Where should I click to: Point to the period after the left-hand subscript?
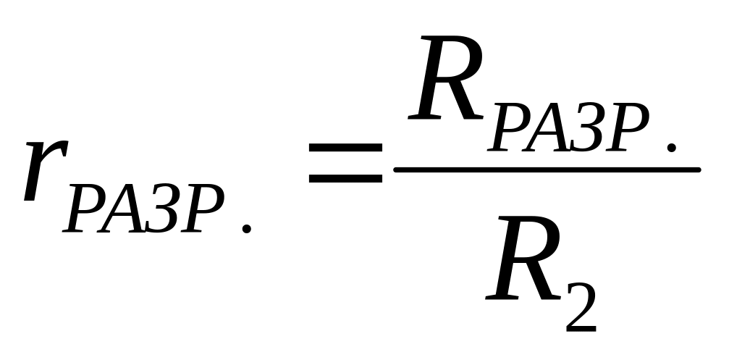click(247, 228)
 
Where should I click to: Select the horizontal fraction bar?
click(547, 170)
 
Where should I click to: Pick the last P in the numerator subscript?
click(631, 128)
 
